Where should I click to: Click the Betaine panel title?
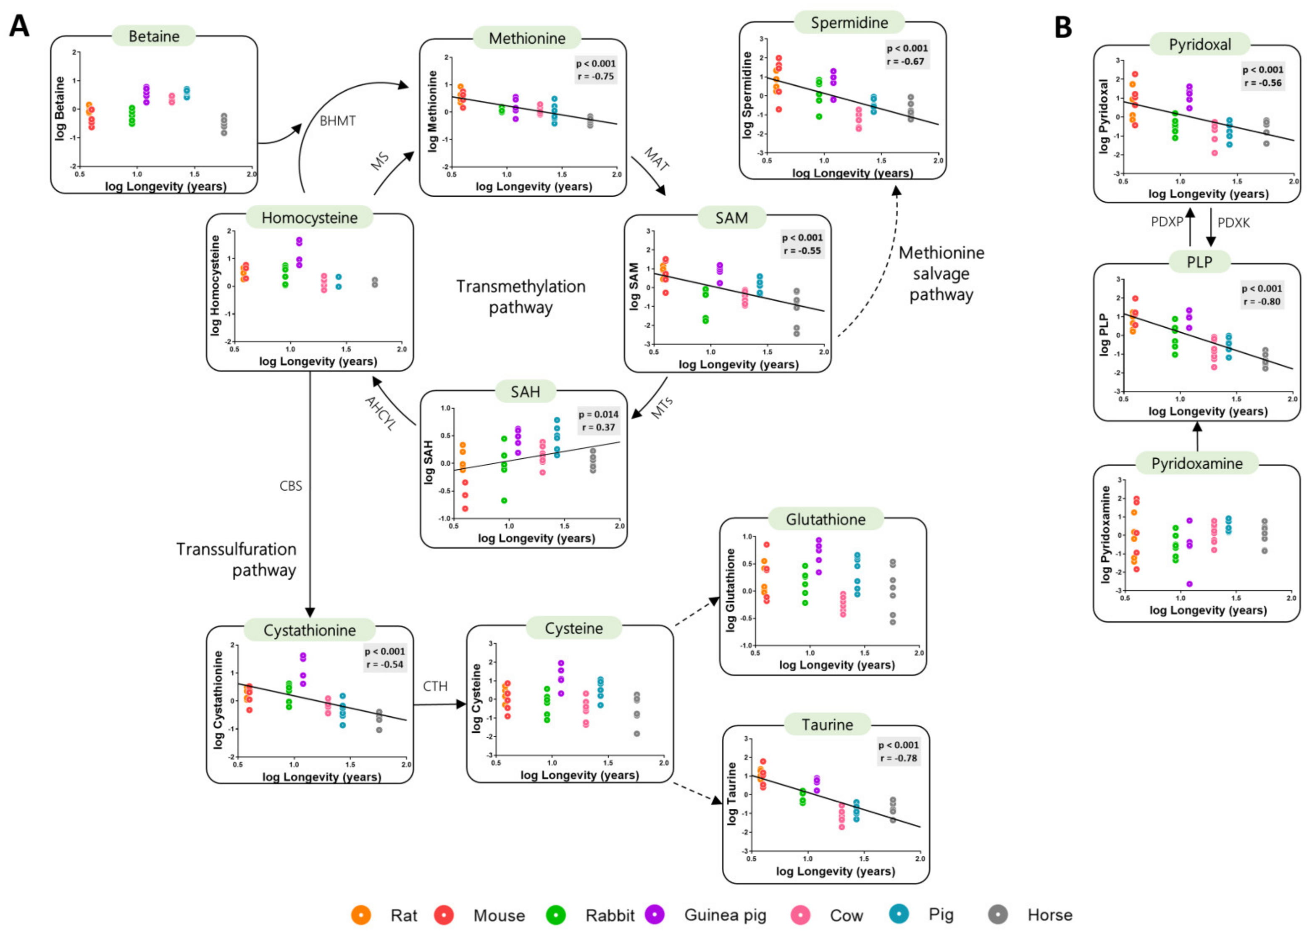(154, 36)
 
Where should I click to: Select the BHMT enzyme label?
(338, 121)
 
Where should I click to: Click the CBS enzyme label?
(290, 486)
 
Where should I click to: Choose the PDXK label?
(1233, 223)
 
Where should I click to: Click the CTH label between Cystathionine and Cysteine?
(435, 686)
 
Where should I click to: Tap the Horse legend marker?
(997, 914)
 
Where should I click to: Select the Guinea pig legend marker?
(655, 914)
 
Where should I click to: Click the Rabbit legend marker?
(555, 915)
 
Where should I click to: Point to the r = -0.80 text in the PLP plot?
(1261, 302)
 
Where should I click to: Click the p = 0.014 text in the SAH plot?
(598, 414)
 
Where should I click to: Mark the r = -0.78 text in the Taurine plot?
(898, 758)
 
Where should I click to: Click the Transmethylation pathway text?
(521, 297)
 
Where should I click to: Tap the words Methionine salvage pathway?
(941, 274)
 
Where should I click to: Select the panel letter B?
(1062, 27)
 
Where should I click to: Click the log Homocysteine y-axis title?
(216, 285)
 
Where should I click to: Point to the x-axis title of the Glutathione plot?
(836, 665)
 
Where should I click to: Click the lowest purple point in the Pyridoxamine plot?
(1188, 584)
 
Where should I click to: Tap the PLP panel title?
(1199, 262)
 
